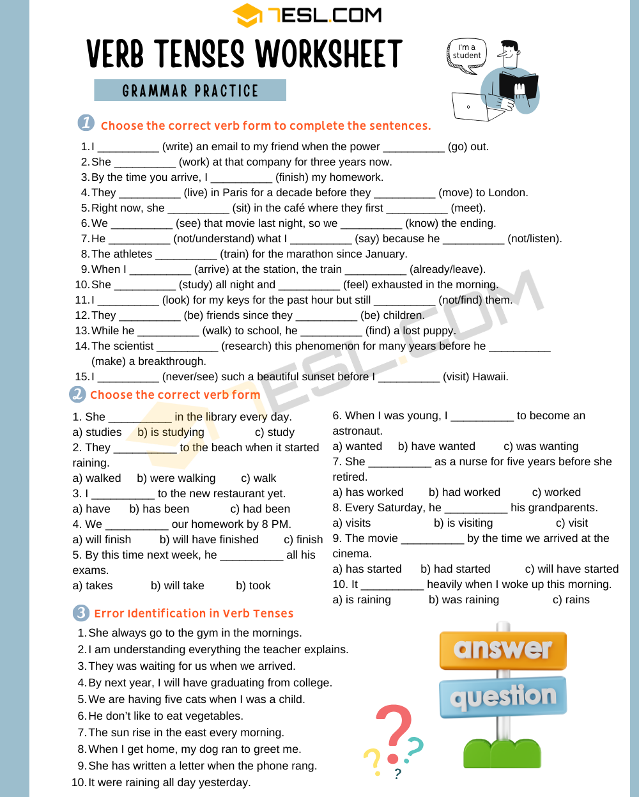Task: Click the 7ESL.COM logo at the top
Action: [x=307, y=15]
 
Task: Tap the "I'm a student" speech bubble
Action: [x=466, y=52]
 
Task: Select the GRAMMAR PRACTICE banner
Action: [x=190, y=91]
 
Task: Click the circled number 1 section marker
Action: [x=86, y=123]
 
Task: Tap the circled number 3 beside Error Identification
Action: [x=81, y=613]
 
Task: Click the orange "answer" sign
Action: [x=503, y=649]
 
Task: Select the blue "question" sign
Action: [x=503, y=696]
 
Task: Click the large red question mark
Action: [x=395, y=732]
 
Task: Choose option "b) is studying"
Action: [x=171, y=432]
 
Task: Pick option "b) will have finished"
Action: [x=209, y=539]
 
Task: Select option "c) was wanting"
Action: [x=541, y=446]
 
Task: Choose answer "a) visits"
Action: [x=351, y=523]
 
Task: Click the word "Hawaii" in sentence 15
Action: [x=488, y=376]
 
